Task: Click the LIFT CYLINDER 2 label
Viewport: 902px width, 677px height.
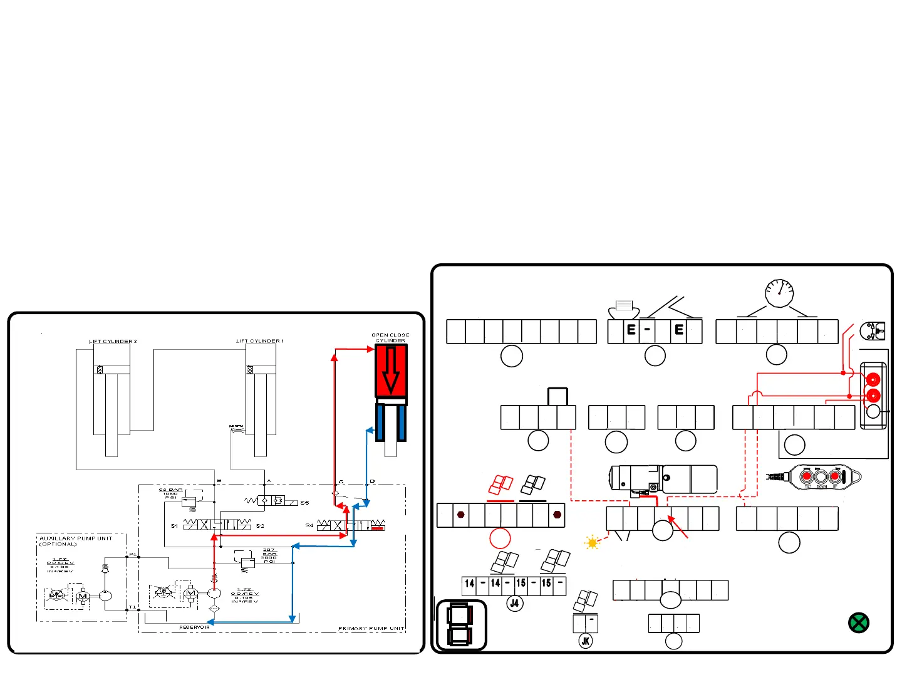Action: pyautogui.click(x=113, y=341)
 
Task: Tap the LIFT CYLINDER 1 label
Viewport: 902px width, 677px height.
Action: pyautogui.click(x=259, y=341)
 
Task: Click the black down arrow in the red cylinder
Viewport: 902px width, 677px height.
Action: pyautogui.click(x=391, y=370)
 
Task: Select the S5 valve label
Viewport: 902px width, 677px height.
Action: pyautogui.click(x=304, y=502)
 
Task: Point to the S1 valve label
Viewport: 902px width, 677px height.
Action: pyautogui.click(x=174, y=526)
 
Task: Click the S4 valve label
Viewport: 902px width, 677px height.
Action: pyautogui.click(x=309, y=525)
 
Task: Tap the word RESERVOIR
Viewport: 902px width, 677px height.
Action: pyautogui.click(x=194, y=627)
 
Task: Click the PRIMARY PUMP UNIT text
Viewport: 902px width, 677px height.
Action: pyautogui.click(x=371, y=628)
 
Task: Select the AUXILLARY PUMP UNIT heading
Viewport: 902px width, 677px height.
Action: pyautogui.click(x=76, y=538)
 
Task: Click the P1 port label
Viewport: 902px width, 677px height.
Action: pyautogui.click(x=132, y=554)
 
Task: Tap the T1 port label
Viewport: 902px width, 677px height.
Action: pyautogui.click(x=132, y=607)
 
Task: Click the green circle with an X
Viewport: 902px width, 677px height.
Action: pyautogui.click(x=858, y=622)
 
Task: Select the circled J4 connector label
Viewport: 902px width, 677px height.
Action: pyautogui.click(x=514, y=603)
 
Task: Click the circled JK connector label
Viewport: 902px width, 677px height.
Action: pyautogui.click(x=586, y=641)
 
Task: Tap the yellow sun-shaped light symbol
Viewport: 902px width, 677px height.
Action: pyautogui.click(x=592, y=543)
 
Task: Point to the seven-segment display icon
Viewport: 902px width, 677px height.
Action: pyautogui.click(x=460, y=625)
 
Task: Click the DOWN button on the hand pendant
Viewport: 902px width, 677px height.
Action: pyautogui.click(x=821, y=477)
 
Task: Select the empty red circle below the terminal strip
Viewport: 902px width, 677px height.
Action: pyautogui.click(x=500, y=538)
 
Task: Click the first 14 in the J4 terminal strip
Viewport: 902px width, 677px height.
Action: pyautogui.click(x=469, y=584)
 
